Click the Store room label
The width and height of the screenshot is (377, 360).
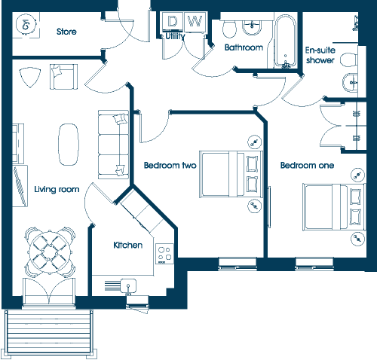[x=66, y=32]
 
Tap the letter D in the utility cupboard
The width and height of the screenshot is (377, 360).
[x=172, y=21]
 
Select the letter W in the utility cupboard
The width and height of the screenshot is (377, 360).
[x=195, y=21]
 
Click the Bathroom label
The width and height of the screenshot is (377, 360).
[x=244, y=47]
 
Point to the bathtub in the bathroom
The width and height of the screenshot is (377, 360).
[x=285, y=41]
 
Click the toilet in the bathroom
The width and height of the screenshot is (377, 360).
[x=229, y=29]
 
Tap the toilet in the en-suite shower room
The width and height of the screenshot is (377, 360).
[x=349, y=59]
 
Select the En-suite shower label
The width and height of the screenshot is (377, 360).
[x=320, y=55]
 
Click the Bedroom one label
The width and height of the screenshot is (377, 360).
[x=307, y=166]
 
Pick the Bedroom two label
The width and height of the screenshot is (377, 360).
[x=170, y=166]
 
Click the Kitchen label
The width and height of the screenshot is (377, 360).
[x=128, y=245]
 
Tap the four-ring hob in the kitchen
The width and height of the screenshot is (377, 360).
[x=164, y=254]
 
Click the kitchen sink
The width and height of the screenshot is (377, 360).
[x=128, y=285]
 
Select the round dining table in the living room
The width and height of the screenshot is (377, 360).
[x=50, y=252]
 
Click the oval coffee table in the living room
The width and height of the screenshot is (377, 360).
[x=69, y=145]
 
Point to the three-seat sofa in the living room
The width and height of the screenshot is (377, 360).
[x=113, y=145]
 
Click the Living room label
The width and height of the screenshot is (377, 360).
[x=57, y=189]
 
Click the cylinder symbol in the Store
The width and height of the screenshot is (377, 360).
[x=26, y=25]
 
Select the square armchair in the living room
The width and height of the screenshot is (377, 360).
[x=64, y=77]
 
